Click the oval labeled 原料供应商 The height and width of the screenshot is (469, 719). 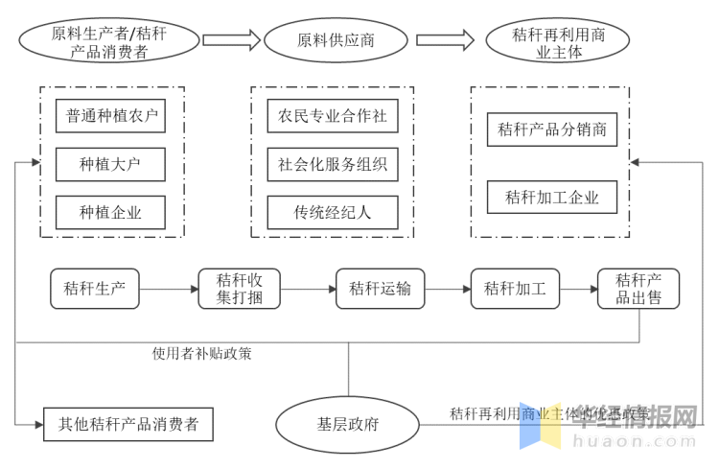tap(336, 40)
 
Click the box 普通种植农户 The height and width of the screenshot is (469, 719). tap(111, 116)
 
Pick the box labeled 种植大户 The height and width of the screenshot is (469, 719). tap(111, 164)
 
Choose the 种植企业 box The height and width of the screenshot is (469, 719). tap(111, 212)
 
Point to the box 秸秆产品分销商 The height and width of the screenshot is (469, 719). tap(552, 129)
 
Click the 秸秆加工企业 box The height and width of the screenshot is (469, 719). tap(552, 197)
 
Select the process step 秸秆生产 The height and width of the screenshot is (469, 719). tap(95, 289)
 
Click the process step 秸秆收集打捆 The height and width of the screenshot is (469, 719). tap(240, 289)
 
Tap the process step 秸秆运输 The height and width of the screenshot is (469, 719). tap(380, 289)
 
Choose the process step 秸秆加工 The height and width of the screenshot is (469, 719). tap(515, 289)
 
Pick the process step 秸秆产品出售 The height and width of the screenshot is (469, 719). tap(638, 289)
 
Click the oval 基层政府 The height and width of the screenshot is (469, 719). tap(348, 424)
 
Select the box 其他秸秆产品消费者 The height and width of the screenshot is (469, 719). tap(128, 424)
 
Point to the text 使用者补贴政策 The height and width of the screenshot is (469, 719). tap(202, 353)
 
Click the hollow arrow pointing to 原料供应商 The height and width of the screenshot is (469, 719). tap(231, 39)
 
